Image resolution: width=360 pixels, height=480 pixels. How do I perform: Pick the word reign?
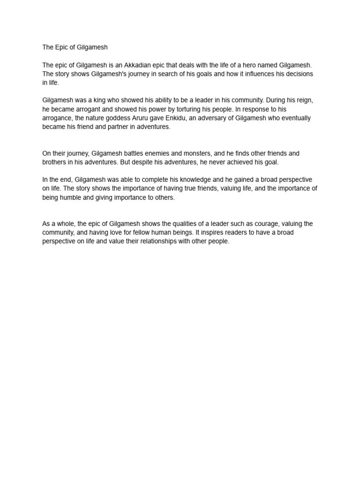click(305, 100)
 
